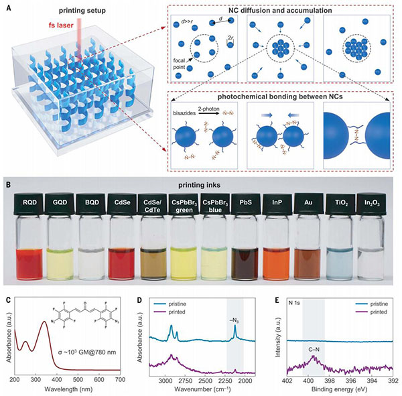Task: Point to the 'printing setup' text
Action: coord(76,9)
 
